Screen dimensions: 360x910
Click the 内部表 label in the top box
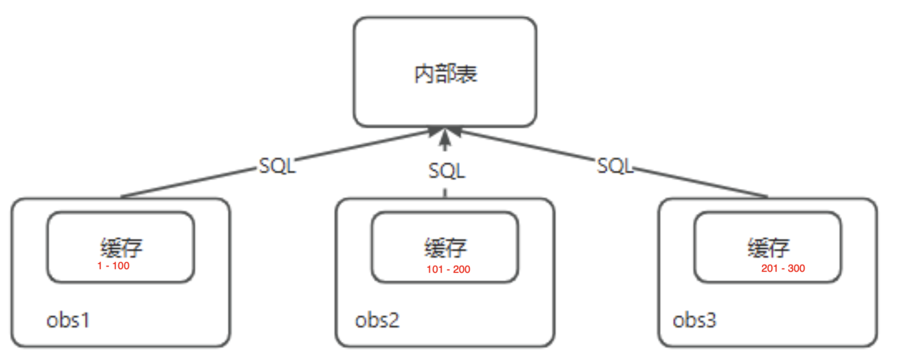pyautogui.click(x=445, y=74)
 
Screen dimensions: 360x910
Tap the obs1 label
pyautogui.click(x=68, y=320)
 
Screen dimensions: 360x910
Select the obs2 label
pyautogui.click(x=377, y=320)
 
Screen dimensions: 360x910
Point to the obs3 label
pyautogui.click(x=694, y=320)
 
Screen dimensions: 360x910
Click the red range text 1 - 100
pyautogui.click(x=113, y=266)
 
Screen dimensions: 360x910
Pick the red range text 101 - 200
pyautogui.click(x=448, y=269)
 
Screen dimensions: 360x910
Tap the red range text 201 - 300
pyautogui.click(x=783, y=268)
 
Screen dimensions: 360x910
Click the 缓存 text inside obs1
pyautogui.click(x=121, y=247)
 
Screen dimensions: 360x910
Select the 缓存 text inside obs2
pyautogui.click(x=445, y=247)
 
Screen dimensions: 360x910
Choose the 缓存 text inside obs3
pyautogui.click(x=769, y=247)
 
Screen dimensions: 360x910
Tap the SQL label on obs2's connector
pyautogui.click(x=446, y=171)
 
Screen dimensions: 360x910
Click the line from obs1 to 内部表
pyautogui.click(x=187, y=183)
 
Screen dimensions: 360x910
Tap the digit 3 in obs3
pyautogui.click(x=710, y=320)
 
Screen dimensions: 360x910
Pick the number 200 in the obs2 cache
pyautogui.click(x=461, y=269)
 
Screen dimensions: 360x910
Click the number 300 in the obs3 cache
pyautogui.click(x=796, y=268)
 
